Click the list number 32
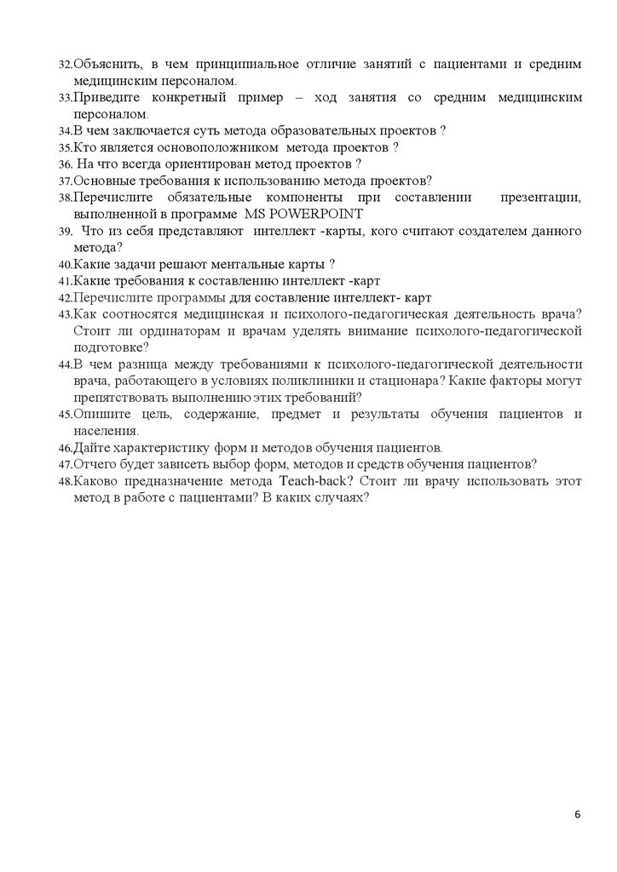65,65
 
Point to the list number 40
65,264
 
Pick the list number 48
65,482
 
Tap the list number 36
65,163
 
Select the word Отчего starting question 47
93,464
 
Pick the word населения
106,431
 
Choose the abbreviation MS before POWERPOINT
256,213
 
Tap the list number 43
65,314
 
